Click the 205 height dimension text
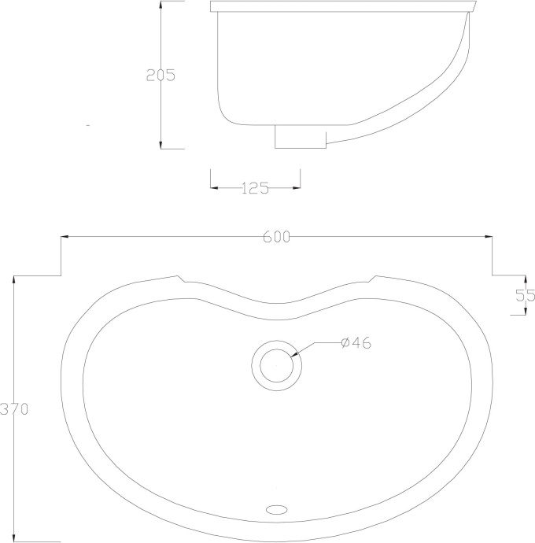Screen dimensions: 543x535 tap(160, 76)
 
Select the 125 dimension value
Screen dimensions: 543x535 tap(255, 188)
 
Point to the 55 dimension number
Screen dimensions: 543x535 tap(525, 296)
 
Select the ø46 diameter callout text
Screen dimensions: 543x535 tap(356, 342)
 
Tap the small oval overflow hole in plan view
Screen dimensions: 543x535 tap(276, 509)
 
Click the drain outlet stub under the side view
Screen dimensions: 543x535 tap(299, 138)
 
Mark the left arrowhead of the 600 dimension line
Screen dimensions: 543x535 tap(65, 236)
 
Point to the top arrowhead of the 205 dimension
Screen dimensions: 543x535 tap(160, 4)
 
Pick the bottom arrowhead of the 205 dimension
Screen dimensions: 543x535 tap(160, 146)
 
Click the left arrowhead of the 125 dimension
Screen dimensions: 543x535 tap(214, 188)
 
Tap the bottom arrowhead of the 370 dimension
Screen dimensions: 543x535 tap(13, 539)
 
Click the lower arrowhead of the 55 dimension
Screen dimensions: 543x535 tap(525, 311)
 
